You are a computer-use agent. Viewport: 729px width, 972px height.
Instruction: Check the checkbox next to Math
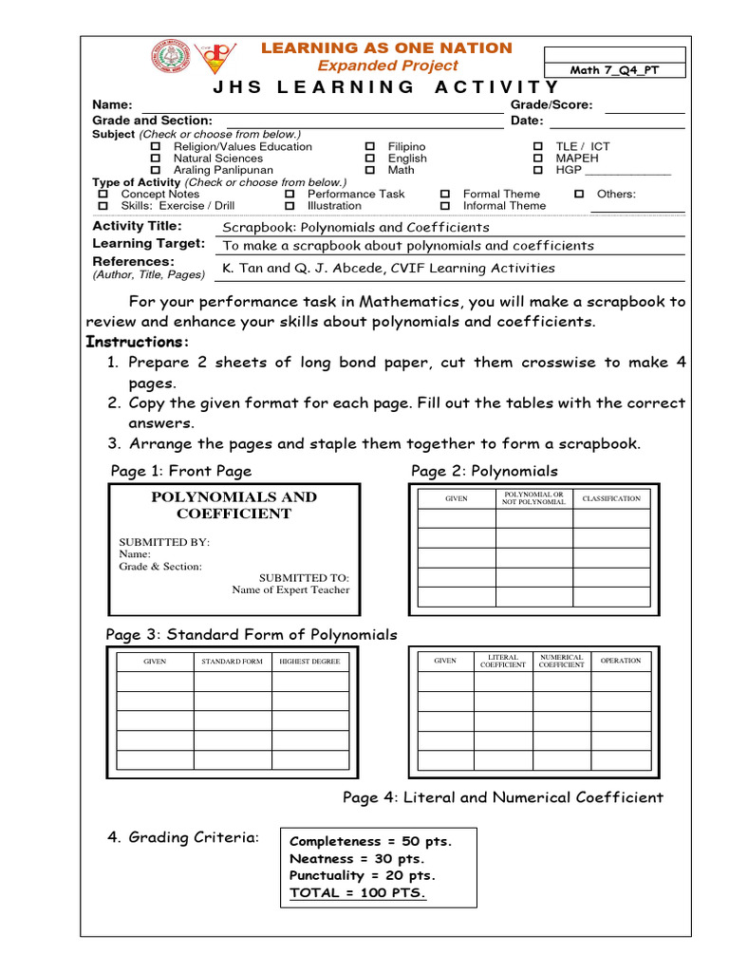(x=370, y=171)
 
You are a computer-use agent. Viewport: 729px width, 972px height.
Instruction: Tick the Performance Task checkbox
(x=290, y=195)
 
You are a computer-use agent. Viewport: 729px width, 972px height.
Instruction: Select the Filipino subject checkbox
(x=370, y=147)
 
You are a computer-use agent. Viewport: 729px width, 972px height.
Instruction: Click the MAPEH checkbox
(x=537, y=159)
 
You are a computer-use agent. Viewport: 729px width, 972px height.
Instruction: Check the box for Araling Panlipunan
(x=157, y=171)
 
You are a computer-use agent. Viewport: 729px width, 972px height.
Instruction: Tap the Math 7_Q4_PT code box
(x=613, y=70)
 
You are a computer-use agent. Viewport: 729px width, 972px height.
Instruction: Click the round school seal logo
(x=170, y=58)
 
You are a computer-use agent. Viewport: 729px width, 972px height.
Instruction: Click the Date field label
(x=527, y=121)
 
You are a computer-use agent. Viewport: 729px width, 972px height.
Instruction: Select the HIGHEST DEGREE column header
(x=309, y=661)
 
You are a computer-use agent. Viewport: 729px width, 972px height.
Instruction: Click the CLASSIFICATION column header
(x=611, y=498)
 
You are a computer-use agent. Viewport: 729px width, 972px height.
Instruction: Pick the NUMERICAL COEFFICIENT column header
(x=562, y=661)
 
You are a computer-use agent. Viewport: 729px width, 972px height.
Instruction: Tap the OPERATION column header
(x=621, y=661)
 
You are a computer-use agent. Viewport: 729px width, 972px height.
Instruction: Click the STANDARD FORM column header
(x=233, y=661)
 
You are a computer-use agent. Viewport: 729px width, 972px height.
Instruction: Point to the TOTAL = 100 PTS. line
(x=358, y=893)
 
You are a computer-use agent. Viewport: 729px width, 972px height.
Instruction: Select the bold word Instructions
(x=138, y=342)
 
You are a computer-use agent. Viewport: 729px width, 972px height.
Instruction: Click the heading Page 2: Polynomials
(x=484, y=471)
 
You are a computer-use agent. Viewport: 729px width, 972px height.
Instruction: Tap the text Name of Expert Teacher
(x=290, y=589)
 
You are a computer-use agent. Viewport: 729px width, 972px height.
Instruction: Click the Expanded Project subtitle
(x=387, y=65)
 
